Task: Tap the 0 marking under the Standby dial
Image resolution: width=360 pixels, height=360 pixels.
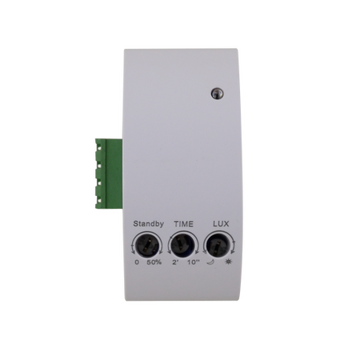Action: coord(136,262)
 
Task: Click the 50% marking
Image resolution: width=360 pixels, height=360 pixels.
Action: coord(153,262)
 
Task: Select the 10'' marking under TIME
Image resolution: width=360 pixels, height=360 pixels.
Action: coord(192,262)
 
